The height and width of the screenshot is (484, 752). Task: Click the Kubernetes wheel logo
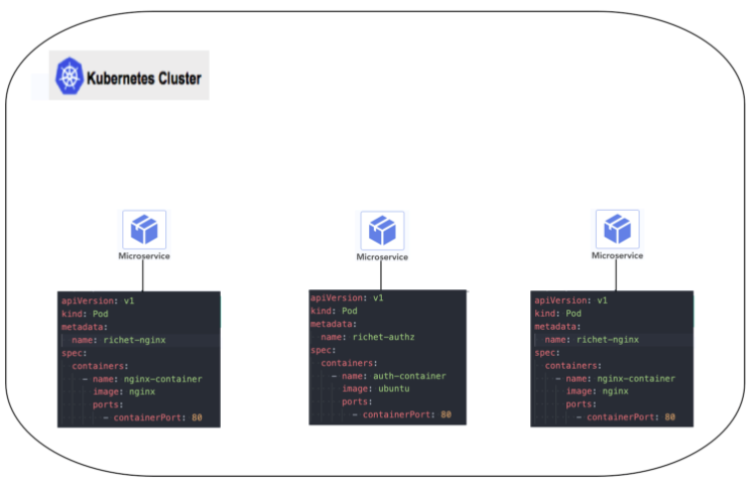(x=70, y=76)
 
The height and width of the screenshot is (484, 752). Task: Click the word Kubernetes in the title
(x=118, y=77)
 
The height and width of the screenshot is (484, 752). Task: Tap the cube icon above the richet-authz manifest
(x=382, y=232)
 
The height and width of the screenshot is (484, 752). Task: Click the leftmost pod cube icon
(x=144, y=230)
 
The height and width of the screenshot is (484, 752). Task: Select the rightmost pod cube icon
(x=617, y=230)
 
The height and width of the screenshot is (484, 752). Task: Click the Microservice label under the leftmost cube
(x=144, y=256)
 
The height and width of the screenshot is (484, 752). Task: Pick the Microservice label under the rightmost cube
(x=617, y=255)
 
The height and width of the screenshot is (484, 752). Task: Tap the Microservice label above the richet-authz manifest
(x=382, y=257)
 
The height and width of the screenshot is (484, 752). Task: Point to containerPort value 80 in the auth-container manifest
(x=446, y=414)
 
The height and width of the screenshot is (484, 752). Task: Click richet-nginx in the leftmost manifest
(x=136, y=339)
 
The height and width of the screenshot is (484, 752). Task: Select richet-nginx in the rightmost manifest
(x=608, y=339)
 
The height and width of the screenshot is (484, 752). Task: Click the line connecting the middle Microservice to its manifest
(x=382, y=275)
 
